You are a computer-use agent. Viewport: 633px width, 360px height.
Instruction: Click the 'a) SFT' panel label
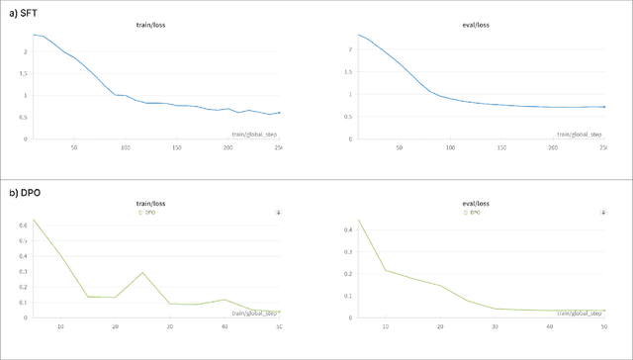(x=19, y=9)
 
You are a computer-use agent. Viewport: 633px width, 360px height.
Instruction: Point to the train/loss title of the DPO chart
(x=151, y=203)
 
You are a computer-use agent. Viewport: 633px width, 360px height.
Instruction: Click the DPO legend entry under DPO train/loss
(x=148, y=212)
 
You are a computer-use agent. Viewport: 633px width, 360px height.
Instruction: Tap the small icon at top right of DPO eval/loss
(x=602, y=212)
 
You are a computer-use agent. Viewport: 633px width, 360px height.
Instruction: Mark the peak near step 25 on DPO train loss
(x=142, y=273)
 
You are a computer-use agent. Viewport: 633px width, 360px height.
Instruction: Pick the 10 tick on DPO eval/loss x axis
(x=385, y=326)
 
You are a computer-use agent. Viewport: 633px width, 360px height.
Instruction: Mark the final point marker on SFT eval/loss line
(x=604, y=107)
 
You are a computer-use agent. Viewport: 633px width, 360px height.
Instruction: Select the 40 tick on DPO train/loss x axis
(x=225, y=326)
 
